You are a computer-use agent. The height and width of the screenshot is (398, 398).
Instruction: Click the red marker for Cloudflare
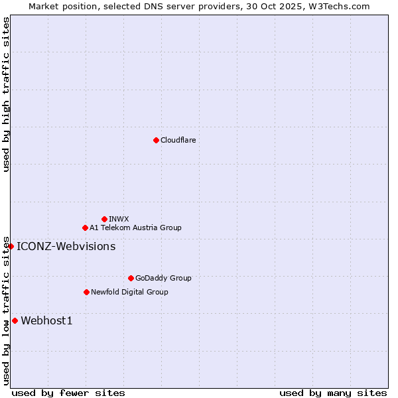tap(156, 140)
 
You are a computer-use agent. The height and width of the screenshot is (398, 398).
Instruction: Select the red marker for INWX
tap(104, 219)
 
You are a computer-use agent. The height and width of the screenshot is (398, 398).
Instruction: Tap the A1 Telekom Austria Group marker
tap(85, 228)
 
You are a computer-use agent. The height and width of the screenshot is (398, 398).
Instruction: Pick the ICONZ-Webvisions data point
tap(11, 246)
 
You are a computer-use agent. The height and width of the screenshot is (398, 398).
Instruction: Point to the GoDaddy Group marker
tap(131, 278)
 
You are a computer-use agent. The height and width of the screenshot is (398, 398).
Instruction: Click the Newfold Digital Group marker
tap(86, 292)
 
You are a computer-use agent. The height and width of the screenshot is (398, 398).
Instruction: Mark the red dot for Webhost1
tap(15, 321)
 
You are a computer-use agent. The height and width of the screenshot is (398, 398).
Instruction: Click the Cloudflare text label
tap(178, 140)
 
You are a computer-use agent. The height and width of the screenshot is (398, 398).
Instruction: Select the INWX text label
tap(119, 219)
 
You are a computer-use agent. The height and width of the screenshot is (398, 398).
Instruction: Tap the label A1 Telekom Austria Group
tap(135, 228)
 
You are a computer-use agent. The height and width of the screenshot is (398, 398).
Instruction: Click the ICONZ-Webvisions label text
tap(66, 247)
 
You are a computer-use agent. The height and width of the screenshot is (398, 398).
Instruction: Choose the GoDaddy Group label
tap(163, 279)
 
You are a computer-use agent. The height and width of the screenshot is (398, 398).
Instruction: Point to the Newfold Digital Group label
tap(129, 292)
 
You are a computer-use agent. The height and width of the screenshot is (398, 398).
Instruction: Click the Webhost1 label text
tap(46, 321)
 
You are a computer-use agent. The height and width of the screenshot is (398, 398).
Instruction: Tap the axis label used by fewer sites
tap(68, 393)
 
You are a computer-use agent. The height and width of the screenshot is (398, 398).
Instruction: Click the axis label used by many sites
tap(333, 393)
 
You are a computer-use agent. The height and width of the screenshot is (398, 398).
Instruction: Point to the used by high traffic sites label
tap(6, 94)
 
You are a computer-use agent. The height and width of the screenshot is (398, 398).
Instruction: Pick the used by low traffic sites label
tap(6, 310)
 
